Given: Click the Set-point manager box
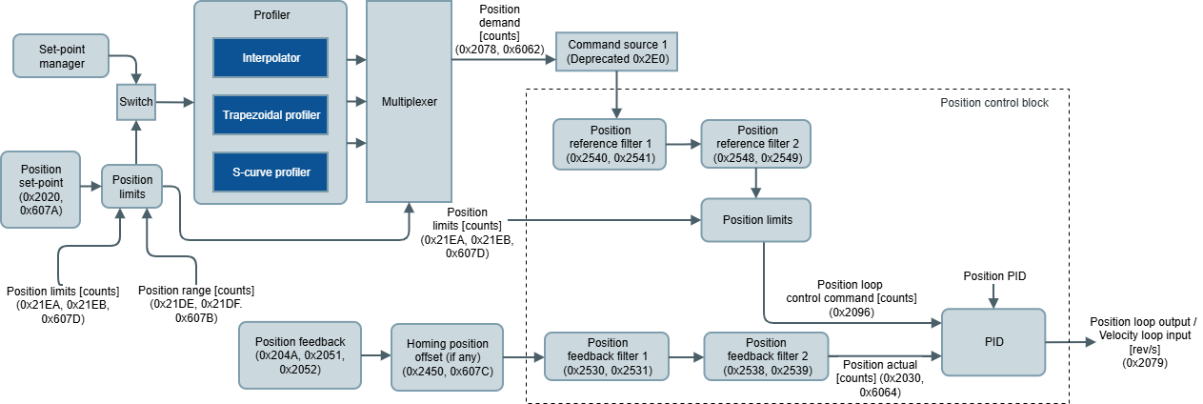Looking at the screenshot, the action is [x=61, y=56].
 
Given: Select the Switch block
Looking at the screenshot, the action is [x=136, y=102].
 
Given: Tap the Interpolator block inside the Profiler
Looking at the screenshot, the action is [x=271, y=57].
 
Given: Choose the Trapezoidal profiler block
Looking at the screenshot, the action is [x=271, y=115].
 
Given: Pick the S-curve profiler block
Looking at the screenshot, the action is [x=271, y=172].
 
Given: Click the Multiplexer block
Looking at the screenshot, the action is [x=409, y=102].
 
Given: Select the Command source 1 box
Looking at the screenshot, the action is [x=616, y=51].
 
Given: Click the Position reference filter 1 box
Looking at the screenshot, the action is [x=610, y=144].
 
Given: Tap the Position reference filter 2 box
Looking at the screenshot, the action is [x=756, y=144].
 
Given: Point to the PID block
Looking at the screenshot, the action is [x=993, y=342].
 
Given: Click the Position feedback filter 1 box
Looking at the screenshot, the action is [x=607, y=356].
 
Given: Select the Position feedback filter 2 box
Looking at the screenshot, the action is [x=766, y=356].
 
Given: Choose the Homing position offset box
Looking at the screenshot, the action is [x=447, y=357].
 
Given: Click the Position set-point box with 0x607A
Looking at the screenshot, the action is [x=40, y=190].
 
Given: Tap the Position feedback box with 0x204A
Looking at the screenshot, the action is [x=300, y=355].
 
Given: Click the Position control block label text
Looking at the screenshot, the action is [x=994, y=103].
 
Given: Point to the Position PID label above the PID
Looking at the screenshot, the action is [x=994, y=276].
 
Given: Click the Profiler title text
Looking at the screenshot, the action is [x=271, y=15].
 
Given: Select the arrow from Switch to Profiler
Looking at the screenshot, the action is [x=175, y=102].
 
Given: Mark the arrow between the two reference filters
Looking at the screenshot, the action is [x=684, y=144].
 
